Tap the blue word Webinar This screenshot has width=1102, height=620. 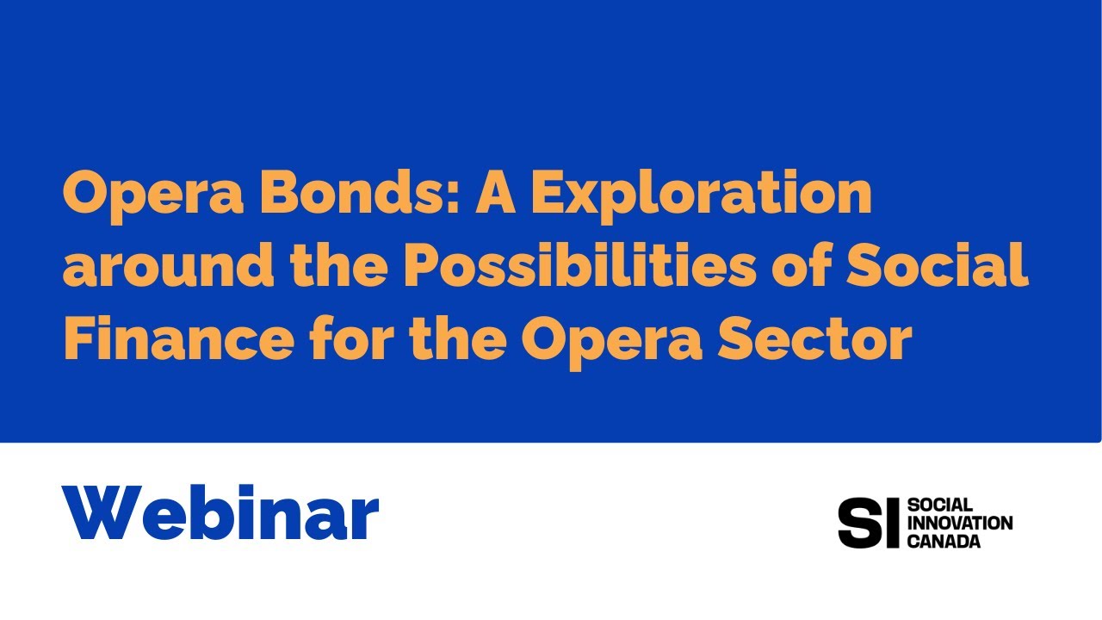[220, 513]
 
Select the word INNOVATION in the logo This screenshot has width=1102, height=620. [960, 523]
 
